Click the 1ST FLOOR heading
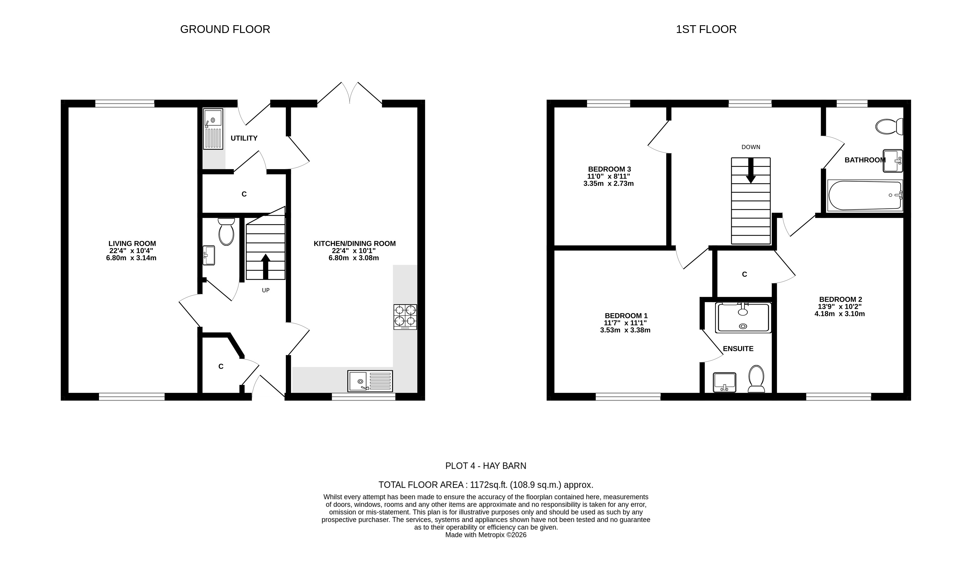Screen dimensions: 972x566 [706, 29]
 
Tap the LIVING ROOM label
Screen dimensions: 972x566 [132, 243]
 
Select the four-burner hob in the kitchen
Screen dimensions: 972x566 [405, 317]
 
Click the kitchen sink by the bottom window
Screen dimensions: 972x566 [370, 381]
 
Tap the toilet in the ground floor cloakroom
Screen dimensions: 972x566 [226, 231]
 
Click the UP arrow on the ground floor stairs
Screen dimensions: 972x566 [265, 266]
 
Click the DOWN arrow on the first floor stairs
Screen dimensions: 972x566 [751, 170]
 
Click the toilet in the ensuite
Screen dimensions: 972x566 [756, 379]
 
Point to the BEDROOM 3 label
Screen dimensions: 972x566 [609, 169]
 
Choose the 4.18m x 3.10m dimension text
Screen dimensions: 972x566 [839, 314]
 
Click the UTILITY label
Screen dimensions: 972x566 [244, 138]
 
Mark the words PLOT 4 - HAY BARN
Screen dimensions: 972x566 [486, 466]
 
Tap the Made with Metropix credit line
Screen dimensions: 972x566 [486, 535]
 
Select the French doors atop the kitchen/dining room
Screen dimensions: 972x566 [349, 93]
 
